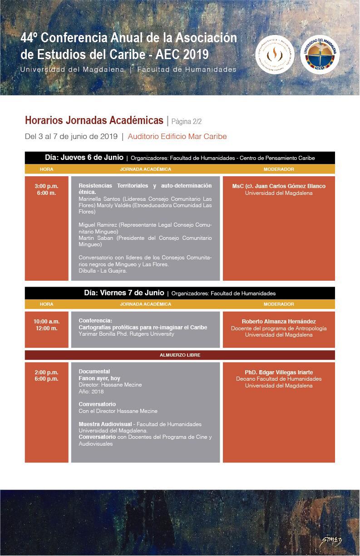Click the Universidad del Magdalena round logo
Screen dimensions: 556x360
[320, 54]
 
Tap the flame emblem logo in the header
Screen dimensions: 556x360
[275, 54]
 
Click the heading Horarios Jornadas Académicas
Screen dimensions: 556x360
[94, 120]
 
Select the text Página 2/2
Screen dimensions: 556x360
[186, 122]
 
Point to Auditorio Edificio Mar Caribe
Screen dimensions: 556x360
[177, 136]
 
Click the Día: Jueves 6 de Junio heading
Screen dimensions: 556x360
[84, 158]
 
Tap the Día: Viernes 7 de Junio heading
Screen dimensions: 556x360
[124, 293]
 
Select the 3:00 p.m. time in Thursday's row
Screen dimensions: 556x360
[46, 186]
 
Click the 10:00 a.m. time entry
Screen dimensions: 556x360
[46, 322]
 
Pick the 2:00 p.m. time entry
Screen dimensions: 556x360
[46, 372]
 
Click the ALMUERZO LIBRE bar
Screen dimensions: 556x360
[180, 355]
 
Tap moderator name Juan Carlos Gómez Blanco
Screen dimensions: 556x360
[279, 186]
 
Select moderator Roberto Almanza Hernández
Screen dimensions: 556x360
[279, 322]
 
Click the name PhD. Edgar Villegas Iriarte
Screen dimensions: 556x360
[279, 372]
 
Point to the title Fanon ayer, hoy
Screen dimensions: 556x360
[99, 378]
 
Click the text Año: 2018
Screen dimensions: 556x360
[91, 391]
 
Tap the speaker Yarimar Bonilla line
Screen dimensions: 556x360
[126, 334]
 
